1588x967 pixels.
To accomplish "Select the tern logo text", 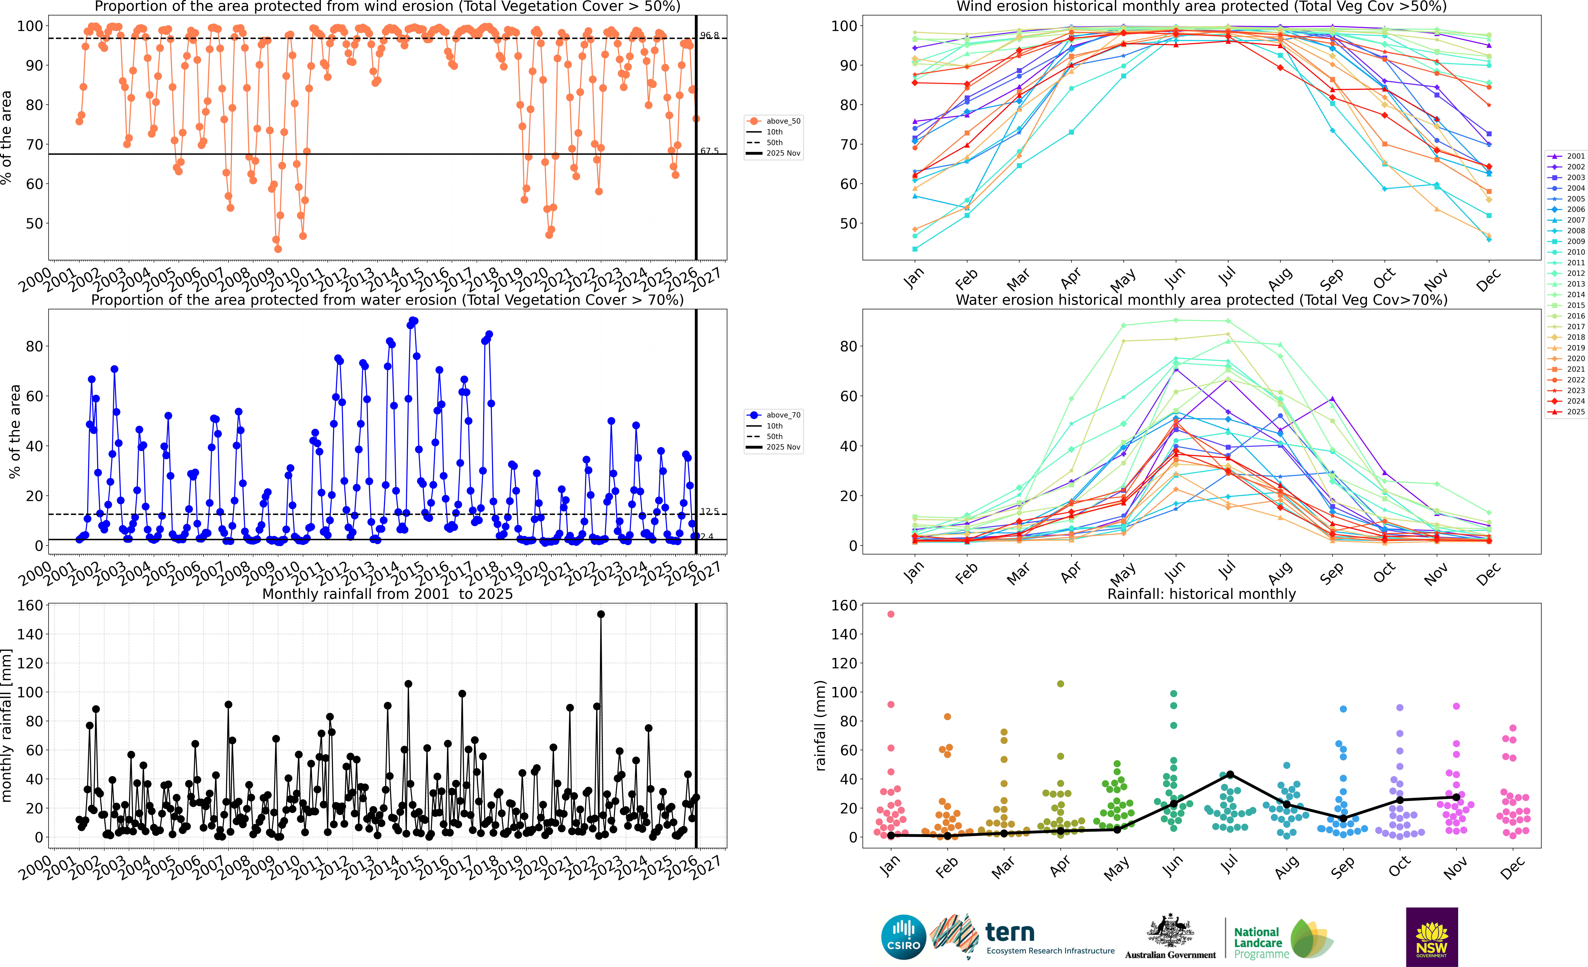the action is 1010,932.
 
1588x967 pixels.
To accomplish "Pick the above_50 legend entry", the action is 773,121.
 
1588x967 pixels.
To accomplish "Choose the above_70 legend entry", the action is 773,415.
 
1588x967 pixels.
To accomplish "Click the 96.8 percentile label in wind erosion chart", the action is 710,35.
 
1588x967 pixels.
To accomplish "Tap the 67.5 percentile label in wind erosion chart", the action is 710,151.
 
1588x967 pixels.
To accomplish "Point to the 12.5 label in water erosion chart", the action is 710,511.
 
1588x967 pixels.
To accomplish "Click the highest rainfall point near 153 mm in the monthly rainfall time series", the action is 601,614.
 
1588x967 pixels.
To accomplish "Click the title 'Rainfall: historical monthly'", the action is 1201,594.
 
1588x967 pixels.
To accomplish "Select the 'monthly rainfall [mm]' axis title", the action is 7,725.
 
